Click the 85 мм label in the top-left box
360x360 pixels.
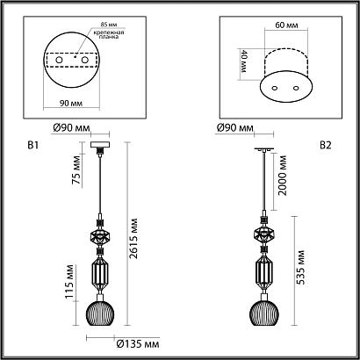pyautogui.click(x=108, y=25)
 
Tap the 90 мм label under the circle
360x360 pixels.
pyautogui.click(x=71, y=103)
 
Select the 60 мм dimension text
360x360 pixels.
pyautogui.click(x=286, y=25)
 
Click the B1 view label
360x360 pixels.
pyautogui.click(x=32, y=146)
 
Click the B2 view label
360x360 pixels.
pyautogui.click(x=326, y=146)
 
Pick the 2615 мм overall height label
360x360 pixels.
pyautogui.click(x=133, y=238)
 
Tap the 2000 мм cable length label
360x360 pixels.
pyautogui.click(x=283, y=176)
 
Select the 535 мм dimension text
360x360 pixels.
pyautogui.click(x=300, y=267)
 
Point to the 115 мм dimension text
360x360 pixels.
pyautogui.click(x=69, y=282)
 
